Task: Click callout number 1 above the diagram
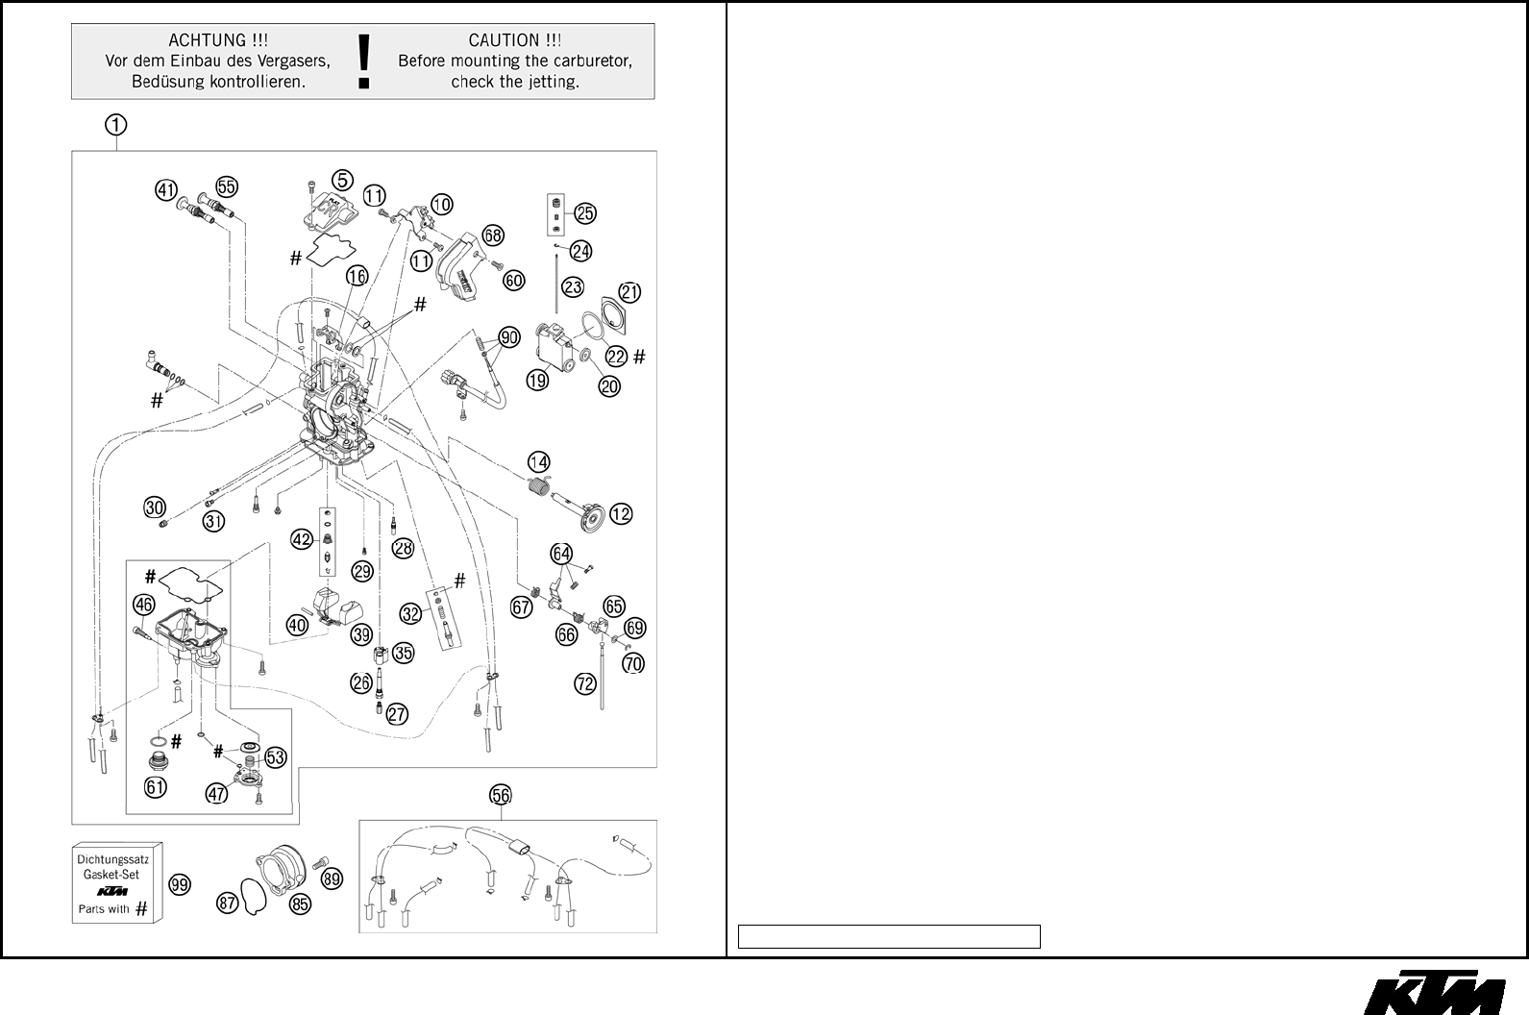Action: pyautogui.click(x=114, y=124)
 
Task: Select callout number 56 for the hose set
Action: pyautogui.click(x=501, y=795)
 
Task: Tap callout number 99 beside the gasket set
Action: pyautogui.click(x=180, y=884)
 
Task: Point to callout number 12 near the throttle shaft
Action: pyautogui.click(x=621, y=514)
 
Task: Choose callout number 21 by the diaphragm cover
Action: pyautogui.click(x=629, y=291)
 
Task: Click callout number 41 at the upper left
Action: pyautogui.click(x=167, y=190)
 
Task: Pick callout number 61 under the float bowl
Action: pyautogui.click(x=156, y=787)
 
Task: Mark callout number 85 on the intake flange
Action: pyautogui.click(x=301, y=904)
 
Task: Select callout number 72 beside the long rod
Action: pyautogui.click(x=585, y=684)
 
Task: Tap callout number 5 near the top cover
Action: pyautogui.click(x=343, y=180)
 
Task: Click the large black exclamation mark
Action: pyautogui.click(x=363, y=61)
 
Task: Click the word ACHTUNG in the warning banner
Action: pyautogui.click(x=218, y=40)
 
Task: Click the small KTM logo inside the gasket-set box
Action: pyautogui.click(x=117, y=891)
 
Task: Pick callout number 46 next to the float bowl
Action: pyautogui.click(x=143, y=605)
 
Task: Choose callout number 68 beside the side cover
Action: pyautogui.click(x=493, y=235)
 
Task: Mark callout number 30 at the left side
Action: pyautogui.click(x=155, y=507)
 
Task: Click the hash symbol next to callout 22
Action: pyautogui.click(x=640, y=357)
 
